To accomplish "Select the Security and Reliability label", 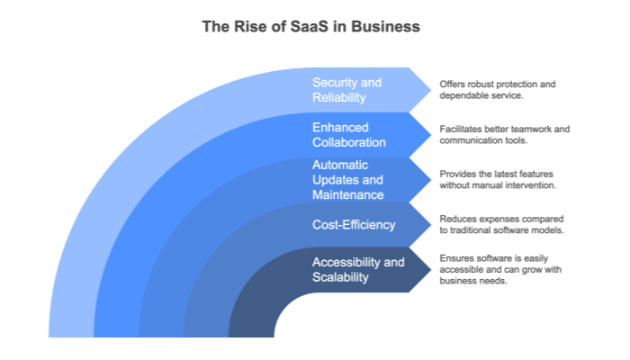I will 346,89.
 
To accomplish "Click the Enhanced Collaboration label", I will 349,134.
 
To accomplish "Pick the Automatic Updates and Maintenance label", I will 347,179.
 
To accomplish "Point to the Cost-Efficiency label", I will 354,224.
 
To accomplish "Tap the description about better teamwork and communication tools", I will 504,134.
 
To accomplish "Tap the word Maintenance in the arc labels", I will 347,194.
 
